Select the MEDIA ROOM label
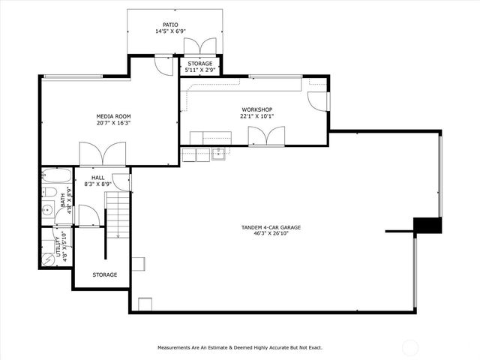pos(113,116)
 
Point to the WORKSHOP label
pos(256,109)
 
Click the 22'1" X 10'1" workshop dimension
pos(256,117)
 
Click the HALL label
pos(98,177)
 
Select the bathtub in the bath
pos(56,177)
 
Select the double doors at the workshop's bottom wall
pos(266,136)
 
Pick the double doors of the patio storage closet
pos(200,46)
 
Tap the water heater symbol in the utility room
pos(46,256)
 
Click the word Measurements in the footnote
pos(177,348)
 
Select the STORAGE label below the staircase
pos(105,274)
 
